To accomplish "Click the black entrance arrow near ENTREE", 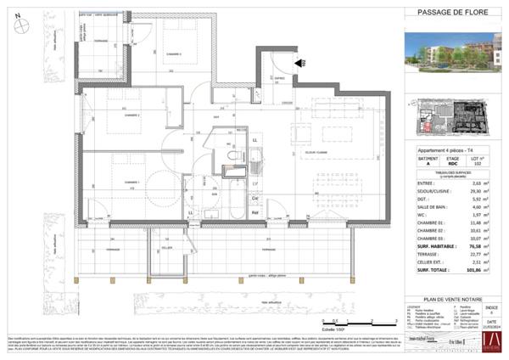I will click(x=299, y=62).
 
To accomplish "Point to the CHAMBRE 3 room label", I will click(x=174, y=53).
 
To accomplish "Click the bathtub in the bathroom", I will click(x=229, y=203).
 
